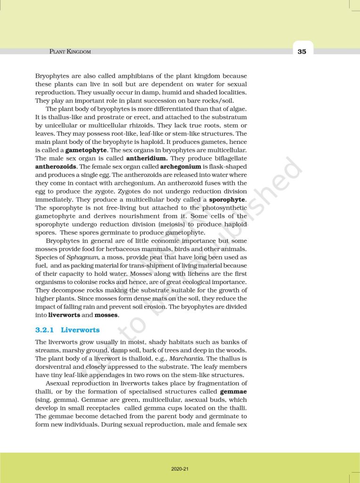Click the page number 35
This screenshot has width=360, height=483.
pyautogui.click(x=302, y=51)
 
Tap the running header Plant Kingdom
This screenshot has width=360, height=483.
pyautogui.click(x=70, y=51)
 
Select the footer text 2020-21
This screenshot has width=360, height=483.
pyautogui.click(x=180, y=469)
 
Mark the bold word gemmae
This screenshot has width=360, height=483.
pyautogui.click(x=233, y=391)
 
